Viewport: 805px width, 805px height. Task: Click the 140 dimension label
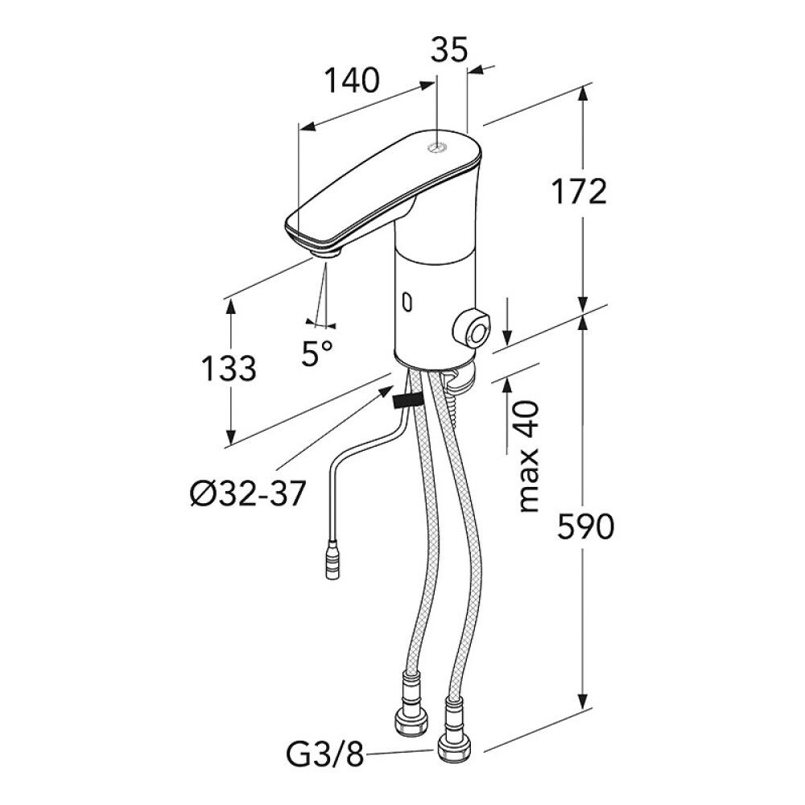coord(351,80)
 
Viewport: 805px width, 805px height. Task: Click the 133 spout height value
coord(229,368)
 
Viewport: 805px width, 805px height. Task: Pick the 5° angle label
coord(316,353)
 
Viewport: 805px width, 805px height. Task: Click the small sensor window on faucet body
coord(407,303)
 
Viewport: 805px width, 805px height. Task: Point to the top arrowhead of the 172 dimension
coord(585,90)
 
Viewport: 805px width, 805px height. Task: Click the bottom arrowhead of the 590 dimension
coord(585,711)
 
